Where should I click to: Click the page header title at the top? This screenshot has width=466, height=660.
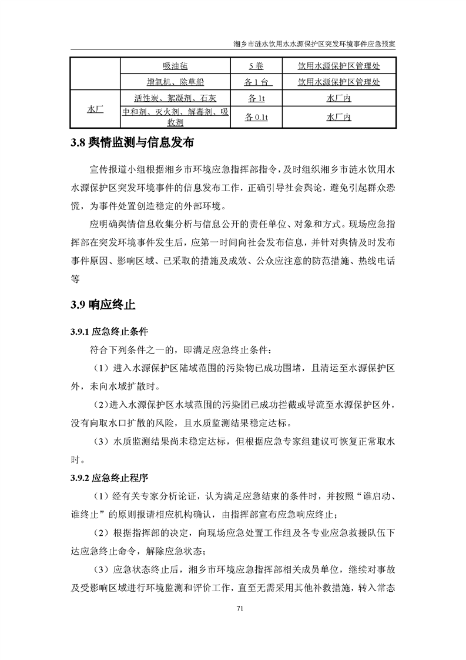click(314, 44)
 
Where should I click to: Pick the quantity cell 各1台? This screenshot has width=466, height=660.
click(256, 82)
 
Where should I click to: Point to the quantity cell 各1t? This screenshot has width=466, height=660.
click(256, 98)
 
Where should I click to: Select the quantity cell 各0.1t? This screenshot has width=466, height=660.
click(256, 118)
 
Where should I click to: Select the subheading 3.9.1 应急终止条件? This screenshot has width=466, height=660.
click(106, 331)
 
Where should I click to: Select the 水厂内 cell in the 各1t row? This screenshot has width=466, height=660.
click(339, 98)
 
